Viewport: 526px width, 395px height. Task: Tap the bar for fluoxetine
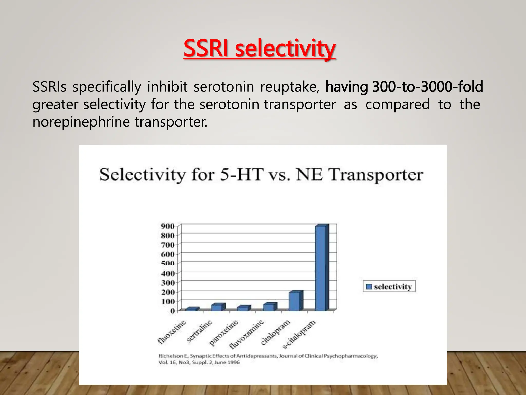192,309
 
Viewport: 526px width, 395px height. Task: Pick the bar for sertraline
217,307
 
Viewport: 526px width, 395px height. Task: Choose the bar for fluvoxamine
269,307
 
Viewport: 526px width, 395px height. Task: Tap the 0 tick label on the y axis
172,311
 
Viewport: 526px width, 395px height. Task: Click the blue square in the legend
369,287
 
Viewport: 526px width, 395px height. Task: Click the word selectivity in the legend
393,287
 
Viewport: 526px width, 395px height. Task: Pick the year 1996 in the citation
233,362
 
